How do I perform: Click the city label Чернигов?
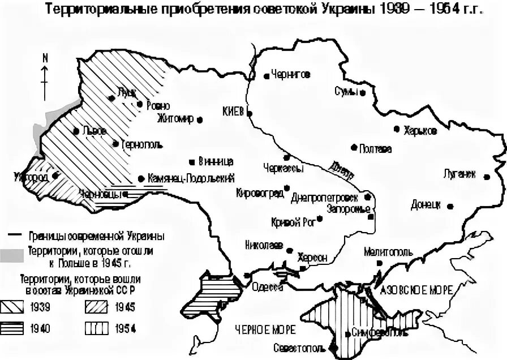290,74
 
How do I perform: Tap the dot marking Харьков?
397,129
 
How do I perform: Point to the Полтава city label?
375,149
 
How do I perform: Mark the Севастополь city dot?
333,346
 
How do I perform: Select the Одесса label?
267,286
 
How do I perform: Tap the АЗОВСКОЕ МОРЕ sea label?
416,290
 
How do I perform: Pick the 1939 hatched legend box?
19,308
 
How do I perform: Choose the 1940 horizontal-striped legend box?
19,328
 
